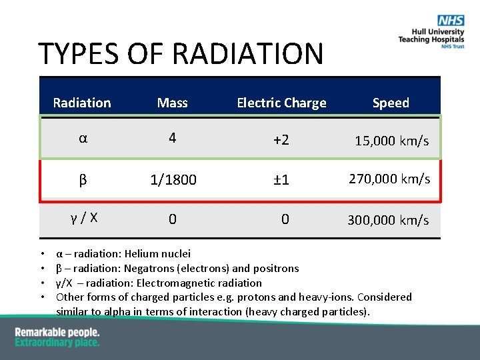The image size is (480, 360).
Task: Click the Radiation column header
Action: pos(82,103)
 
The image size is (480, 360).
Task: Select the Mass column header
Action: pos(172,103)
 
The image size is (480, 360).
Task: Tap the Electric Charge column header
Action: pos(281,103)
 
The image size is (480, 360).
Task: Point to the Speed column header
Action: pos(391,103)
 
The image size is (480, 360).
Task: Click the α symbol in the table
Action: pos(83,139)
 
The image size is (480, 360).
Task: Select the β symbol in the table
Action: pos(83,180)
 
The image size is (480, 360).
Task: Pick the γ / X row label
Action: pos(84,217)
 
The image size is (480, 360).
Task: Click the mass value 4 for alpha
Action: pos(172,138)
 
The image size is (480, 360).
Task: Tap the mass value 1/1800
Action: pos(173,180)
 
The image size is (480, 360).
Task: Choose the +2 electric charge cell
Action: pos(281,140)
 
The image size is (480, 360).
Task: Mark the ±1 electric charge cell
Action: pos(281,180)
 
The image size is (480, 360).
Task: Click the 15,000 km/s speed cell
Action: pos(391,141)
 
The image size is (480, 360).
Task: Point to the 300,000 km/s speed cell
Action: pos(388,220)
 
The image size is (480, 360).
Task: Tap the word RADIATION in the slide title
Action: pos(249,54)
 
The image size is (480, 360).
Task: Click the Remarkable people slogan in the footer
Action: pos(57,332)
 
